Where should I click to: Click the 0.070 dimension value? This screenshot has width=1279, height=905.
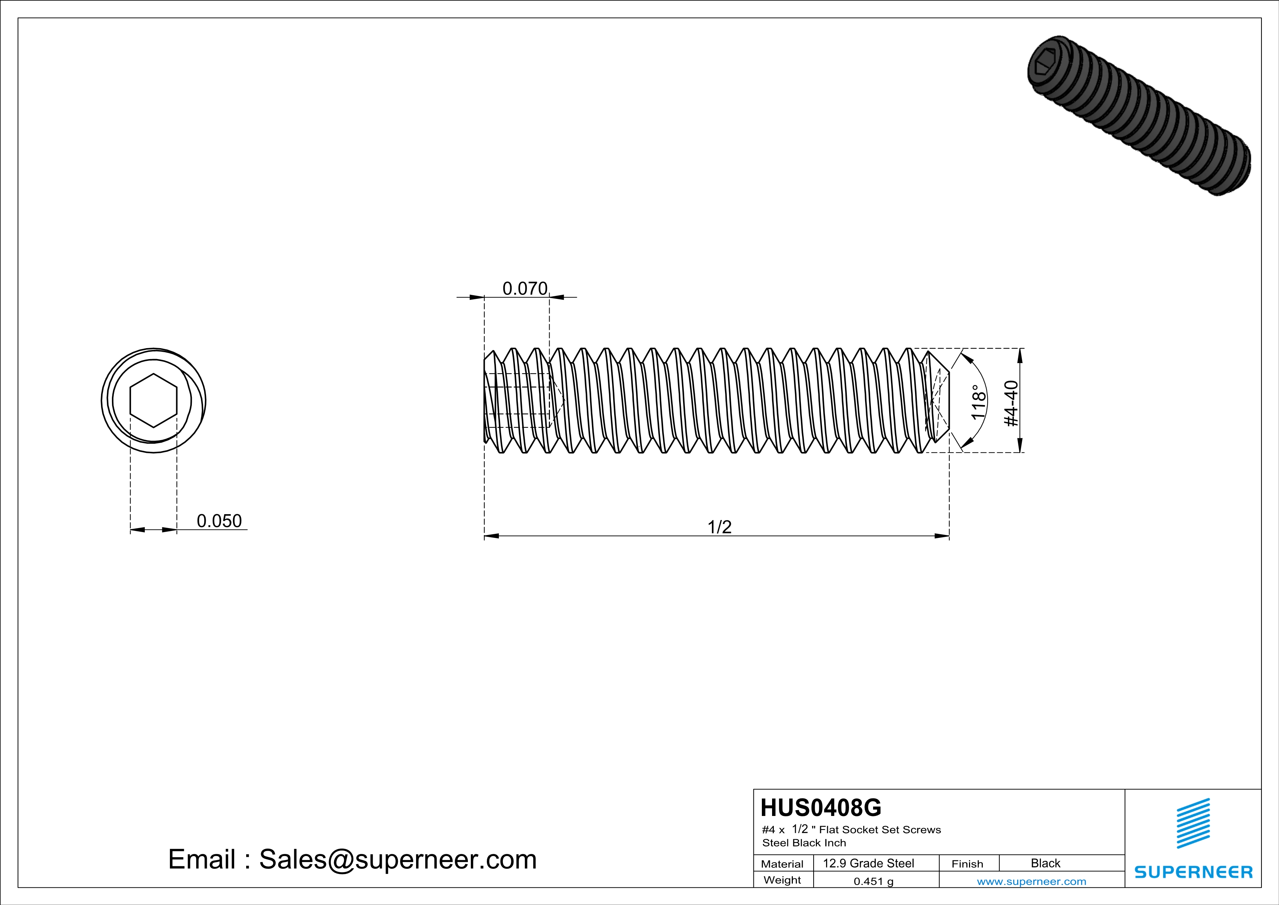pyautogui.click(x=525, y=288)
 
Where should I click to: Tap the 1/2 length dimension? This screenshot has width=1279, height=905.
pyautogui.click(x=719, y=527)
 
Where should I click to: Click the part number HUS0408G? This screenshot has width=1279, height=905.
pyautogui.click(x=821, y=808)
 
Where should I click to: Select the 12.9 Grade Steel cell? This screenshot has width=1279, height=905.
pyautogui.click(x=868, y=863)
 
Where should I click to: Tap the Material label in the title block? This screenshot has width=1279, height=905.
pyautogui.click(x=782, y=864)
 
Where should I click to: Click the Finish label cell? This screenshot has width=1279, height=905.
pyautogui.click(x=967, y=864)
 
